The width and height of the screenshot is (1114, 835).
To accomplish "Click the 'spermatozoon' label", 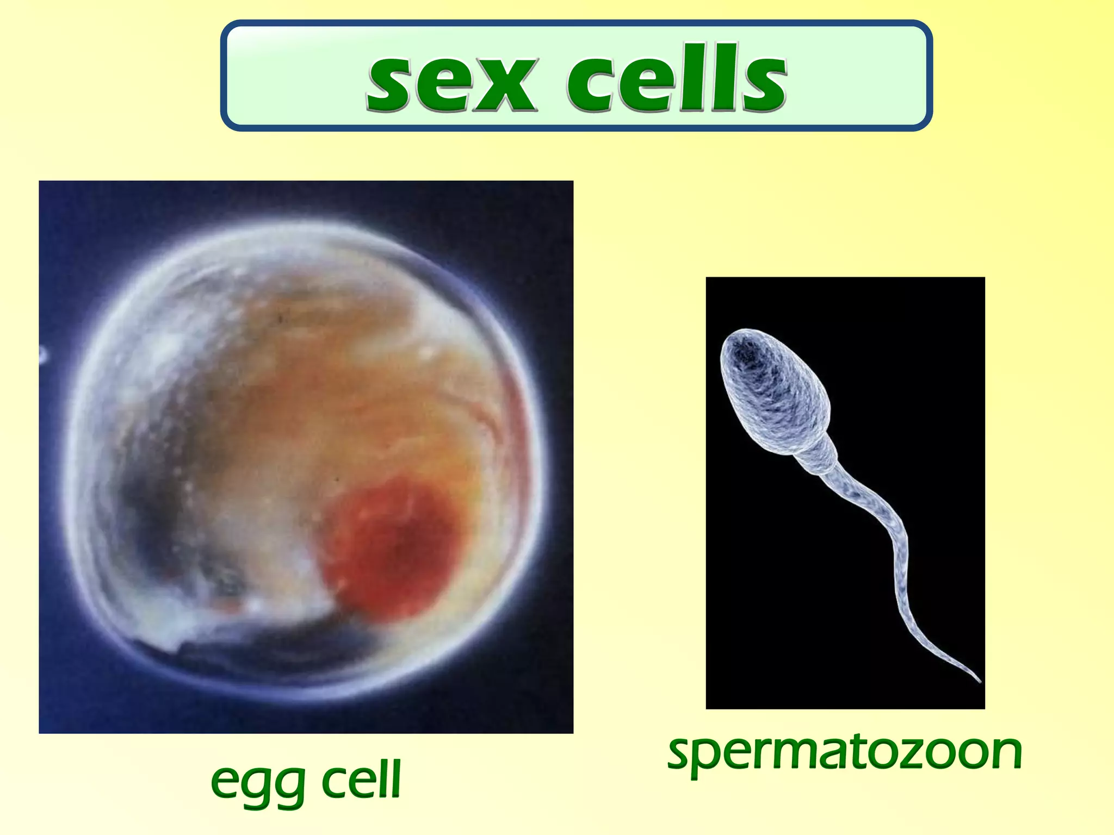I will (x=845, y=752).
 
